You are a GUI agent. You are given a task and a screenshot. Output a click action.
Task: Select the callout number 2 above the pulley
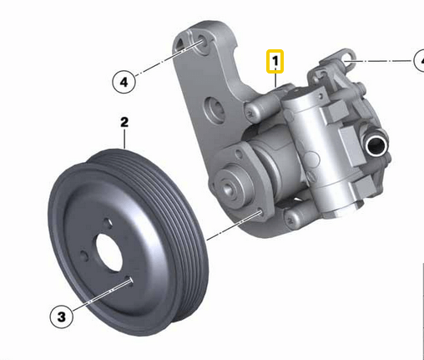(124, 123)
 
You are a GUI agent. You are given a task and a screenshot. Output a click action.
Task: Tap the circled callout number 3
(60, 316)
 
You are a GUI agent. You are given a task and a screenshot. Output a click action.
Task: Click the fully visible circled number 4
(124, 82)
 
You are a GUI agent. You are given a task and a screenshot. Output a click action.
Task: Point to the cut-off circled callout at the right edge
(418, 60)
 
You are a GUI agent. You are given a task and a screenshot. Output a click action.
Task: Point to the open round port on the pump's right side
(376, 150)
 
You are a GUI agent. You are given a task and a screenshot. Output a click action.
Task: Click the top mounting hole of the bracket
(201, 41)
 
